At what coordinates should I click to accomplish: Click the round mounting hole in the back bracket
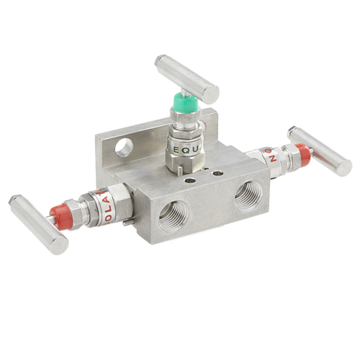pyautogui.click(x=125, y=147)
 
